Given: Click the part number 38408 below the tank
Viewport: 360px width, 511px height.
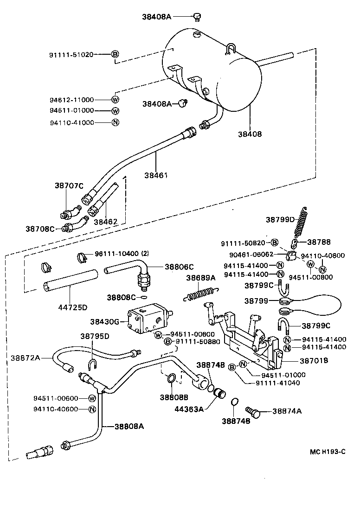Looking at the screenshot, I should tap(250, 134).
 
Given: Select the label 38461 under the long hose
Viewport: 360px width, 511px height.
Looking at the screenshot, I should tap(155, 175).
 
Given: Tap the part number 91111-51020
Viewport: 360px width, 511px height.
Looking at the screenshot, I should tap(71, 54).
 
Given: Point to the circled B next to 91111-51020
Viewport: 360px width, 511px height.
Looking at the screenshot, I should tap(115, 54).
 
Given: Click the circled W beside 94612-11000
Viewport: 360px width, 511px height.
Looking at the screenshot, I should tap(116, 99).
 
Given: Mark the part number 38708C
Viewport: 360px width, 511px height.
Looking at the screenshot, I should tap(40, 229).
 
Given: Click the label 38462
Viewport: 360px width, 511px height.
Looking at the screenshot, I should tap(105, 222).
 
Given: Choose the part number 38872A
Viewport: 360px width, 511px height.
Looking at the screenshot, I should tap(26, 358).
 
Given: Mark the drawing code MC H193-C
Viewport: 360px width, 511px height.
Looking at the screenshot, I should tap(328, 452).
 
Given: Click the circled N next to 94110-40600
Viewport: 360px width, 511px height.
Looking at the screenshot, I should tap(92, 409).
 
